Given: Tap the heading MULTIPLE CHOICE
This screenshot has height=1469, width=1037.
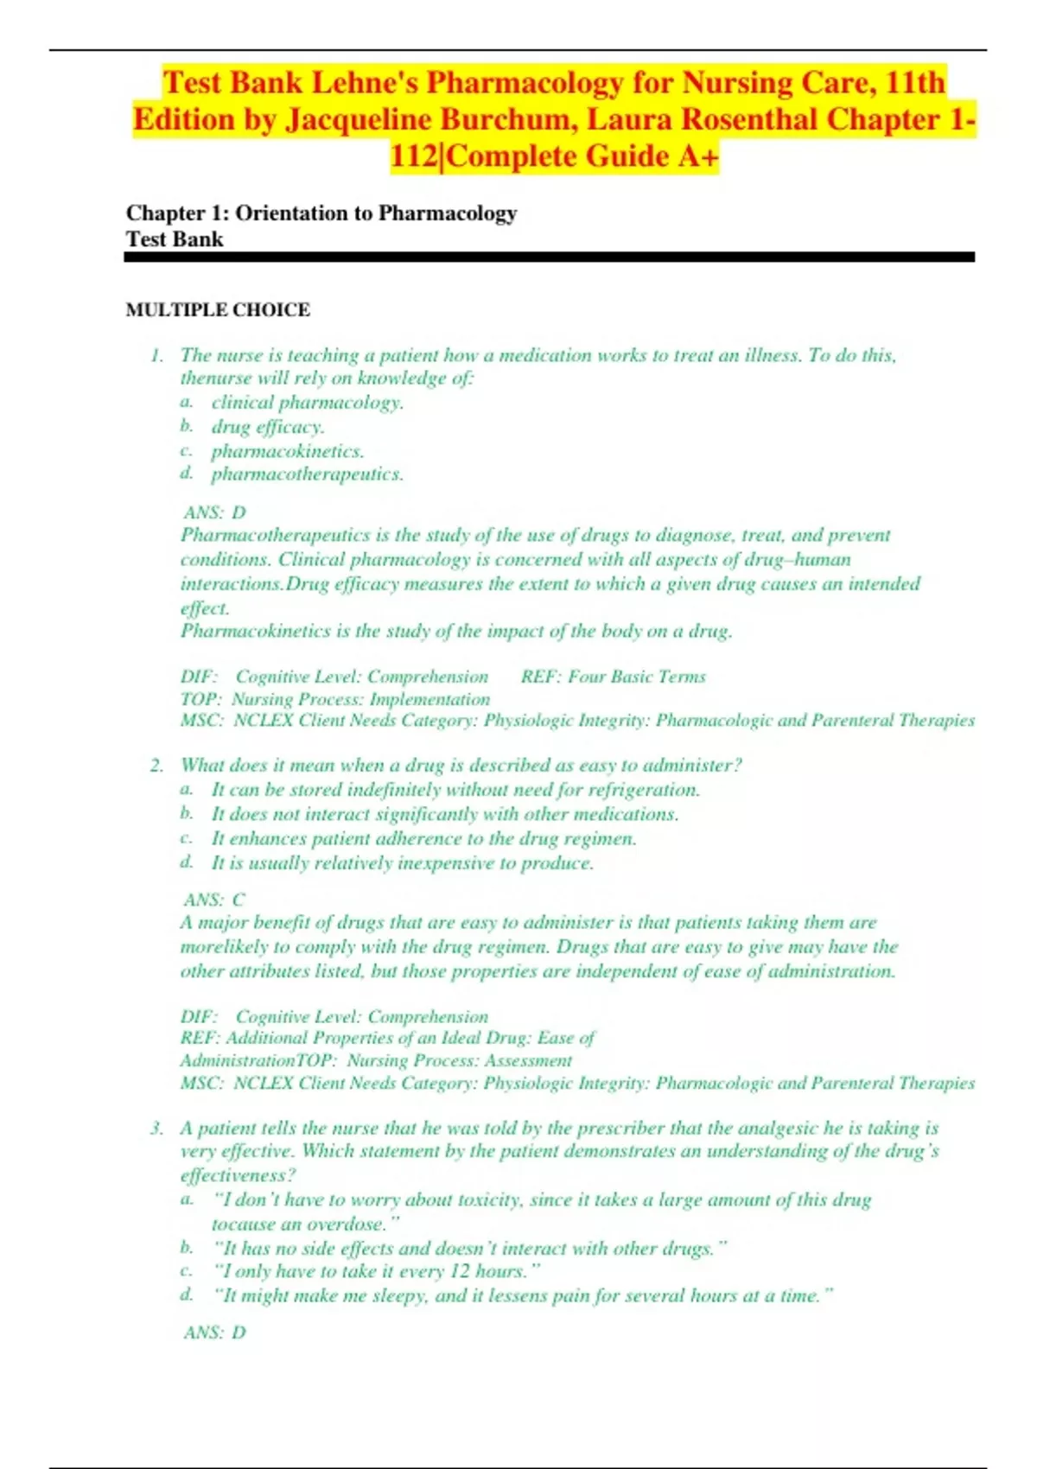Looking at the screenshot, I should coord(218,309).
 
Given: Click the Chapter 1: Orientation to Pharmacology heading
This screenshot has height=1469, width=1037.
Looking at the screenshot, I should coord(321,213).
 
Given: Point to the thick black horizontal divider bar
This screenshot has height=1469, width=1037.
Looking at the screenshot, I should coord(550,257).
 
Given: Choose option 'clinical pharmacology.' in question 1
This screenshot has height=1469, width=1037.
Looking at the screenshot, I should coord(307,403).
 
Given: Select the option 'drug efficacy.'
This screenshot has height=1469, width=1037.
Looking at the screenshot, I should coord(268,427).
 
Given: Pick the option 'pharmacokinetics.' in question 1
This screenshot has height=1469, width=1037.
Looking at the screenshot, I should coord(288,451).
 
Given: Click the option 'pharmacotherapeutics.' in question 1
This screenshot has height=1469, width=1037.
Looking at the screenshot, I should coord(307,474).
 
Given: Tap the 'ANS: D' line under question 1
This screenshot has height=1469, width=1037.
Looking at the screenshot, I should coord(214,512).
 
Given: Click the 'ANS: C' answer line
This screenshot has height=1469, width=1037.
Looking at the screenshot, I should coord(214,900).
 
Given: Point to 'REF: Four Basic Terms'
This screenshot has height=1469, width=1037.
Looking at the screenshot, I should coord(613,677).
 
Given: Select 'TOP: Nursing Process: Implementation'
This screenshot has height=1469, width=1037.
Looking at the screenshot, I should coord(334,699).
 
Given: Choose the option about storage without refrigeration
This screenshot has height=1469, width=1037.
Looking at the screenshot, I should coord(455,790).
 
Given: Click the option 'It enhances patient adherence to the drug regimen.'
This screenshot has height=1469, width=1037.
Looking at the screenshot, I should coord(423,838).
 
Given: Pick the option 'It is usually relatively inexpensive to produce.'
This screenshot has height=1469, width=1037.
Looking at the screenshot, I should coord(403,862).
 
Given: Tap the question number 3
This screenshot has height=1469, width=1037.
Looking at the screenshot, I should coord(156,1128).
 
